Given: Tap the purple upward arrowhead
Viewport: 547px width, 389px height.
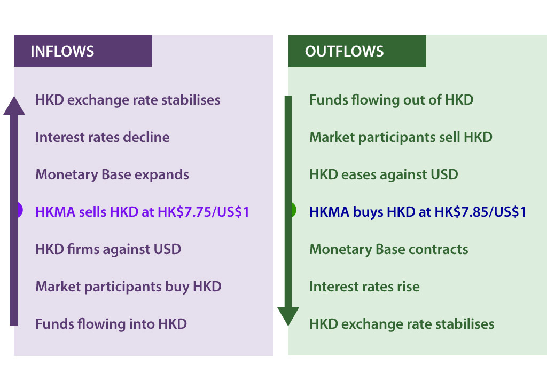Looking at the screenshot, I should [x=14, y=105].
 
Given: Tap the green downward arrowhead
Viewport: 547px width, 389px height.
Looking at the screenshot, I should [x=288, y=316].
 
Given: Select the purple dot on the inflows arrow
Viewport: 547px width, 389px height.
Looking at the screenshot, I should [x=19, y=210].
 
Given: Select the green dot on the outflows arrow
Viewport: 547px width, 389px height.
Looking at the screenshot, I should [x=292, y=210].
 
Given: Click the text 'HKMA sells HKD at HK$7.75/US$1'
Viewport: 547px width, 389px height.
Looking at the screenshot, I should [x=142, y=212].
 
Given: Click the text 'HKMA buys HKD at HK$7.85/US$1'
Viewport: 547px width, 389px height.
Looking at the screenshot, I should [x=418, y=212].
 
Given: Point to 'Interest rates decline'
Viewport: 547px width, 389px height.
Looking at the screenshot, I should [x=103, y=137].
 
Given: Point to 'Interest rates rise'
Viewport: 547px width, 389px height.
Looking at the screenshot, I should [x=364, y=287].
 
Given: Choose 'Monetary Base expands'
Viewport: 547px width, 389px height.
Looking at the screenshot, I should [x=112, y=174].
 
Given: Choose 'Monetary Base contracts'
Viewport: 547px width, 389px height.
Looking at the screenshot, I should [x=389, y=249].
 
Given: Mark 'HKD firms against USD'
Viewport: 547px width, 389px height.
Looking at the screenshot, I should [x=108, y=249].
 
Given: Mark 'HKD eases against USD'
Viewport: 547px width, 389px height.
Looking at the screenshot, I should [x=384, y=174].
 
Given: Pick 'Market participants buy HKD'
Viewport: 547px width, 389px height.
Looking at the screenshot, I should [x=128, y=287].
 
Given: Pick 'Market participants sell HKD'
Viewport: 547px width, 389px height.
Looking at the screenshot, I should [x=401, y=137].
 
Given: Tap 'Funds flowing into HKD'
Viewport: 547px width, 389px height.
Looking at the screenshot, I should [x=111, y=324].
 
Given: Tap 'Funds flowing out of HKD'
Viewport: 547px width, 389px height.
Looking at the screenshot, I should [x=391, y=100].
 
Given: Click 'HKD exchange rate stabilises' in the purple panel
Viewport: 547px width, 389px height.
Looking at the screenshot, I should [x=128, y=100].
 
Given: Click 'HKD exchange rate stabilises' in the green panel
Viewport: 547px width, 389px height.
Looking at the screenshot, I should [x=402, y=324].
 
